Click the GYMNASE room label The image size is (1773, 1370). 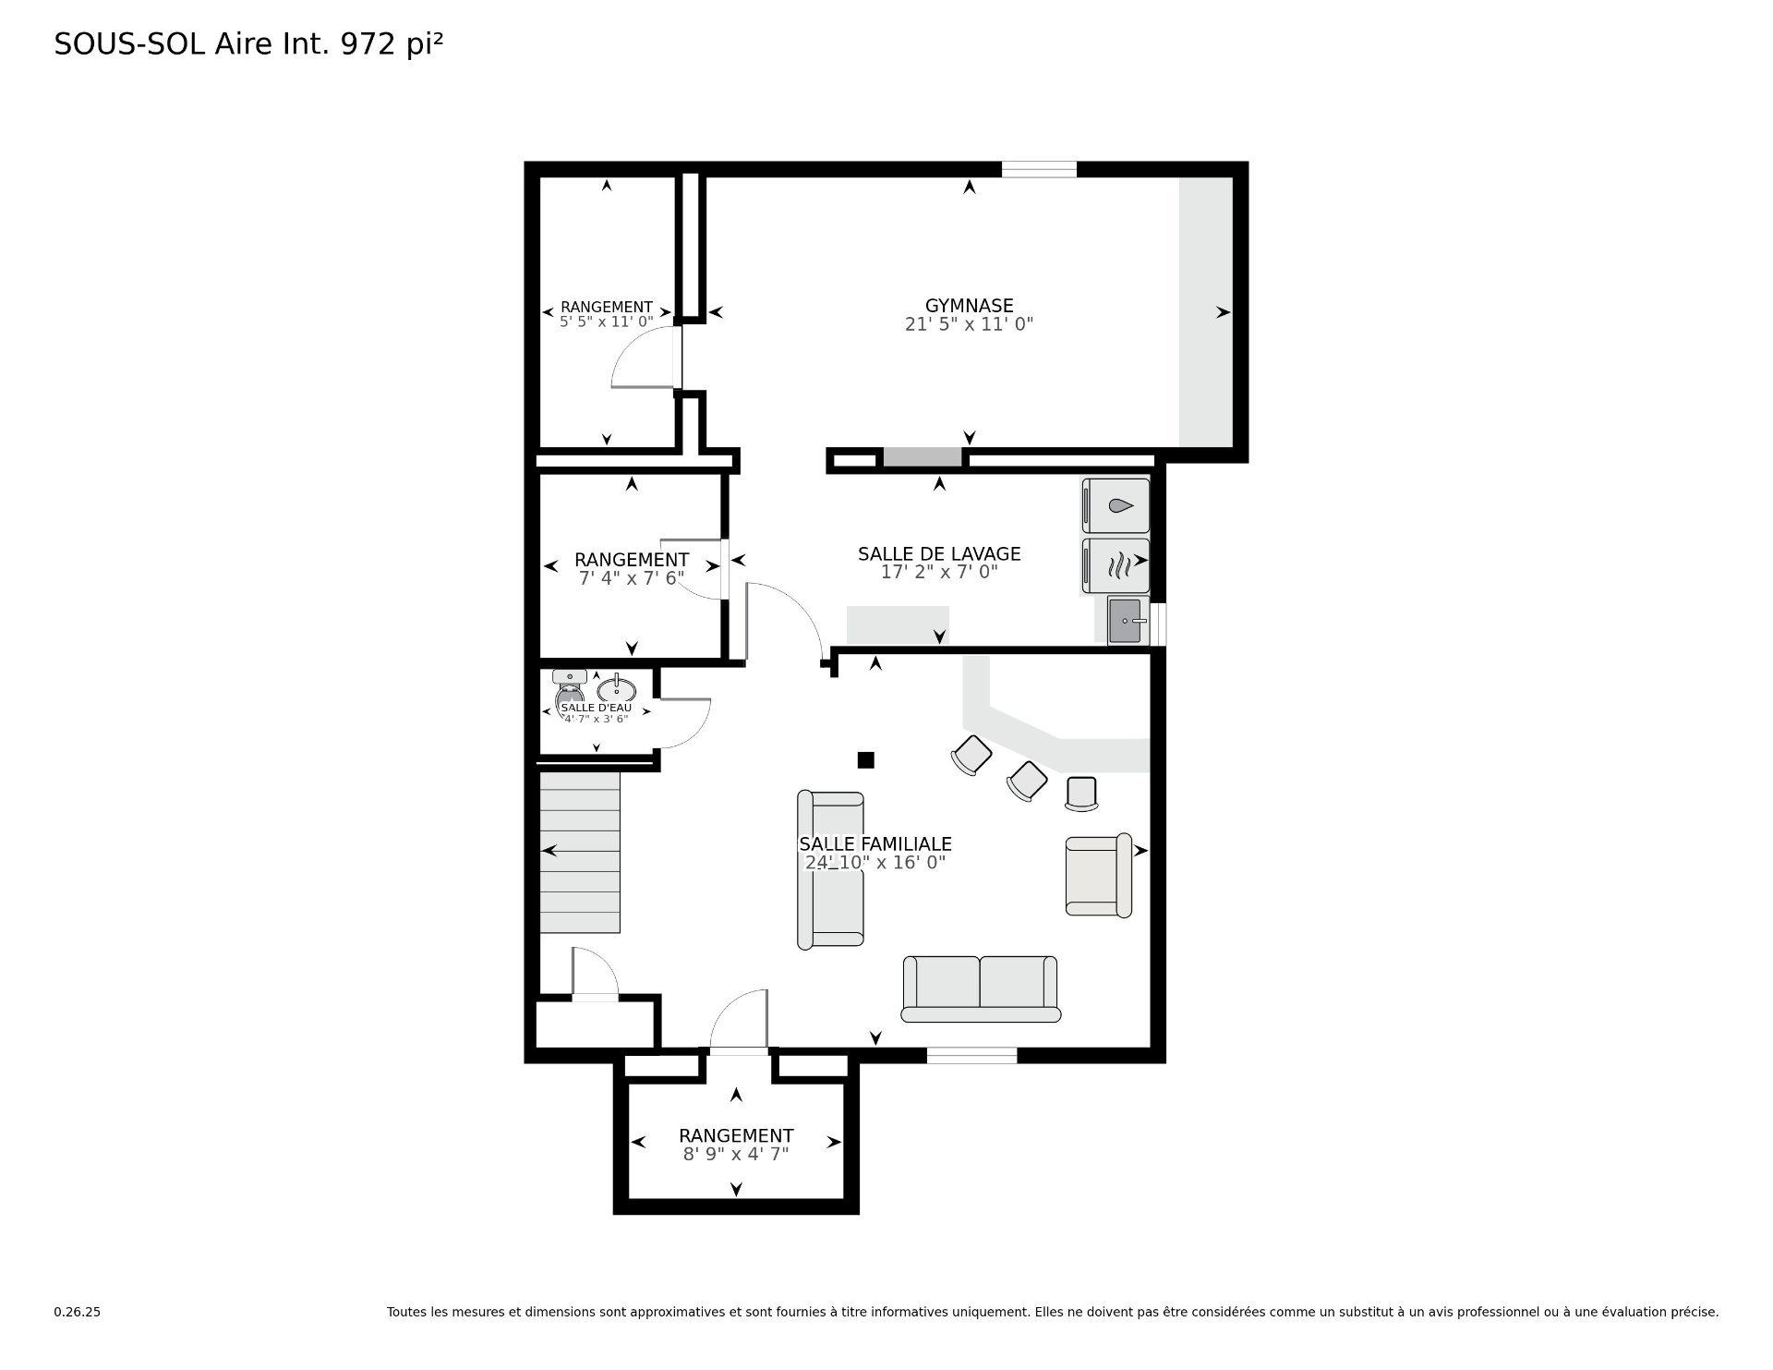(x=969, y=306)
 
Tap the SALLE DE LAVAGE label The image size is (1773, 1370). (x=939, y=554)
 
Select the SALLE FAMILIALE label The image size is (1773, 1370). (x=874, y=844)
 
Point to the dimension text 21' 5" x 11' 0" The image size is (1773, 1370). (x=969, y=324)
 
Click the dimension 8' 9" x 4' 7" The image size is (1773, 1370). (x=736, y=1154)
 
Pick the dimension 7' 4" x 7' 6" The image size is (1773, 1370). (x=632, y=578)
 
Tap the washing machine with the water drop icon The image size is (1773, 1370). (x=1116, y=506)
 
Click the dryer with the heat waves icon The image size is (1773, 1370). (x=1116, y=565)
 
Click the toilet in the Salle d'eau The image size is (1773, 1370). (x=569, y=688)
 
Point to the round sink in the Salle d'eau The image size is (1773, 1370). (x=616, y=690)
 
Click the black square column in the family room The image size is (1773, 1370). (x=865, y=760)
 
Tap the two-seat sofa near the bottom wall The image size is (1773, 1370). (x=981, y=989)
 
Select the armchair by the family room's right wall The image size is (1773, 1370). (x=1099, y=875)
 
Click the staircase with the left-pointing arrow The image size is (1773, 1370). (x=579, y=852)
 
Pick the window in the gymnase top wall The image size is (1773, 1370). (x=1039, y=169)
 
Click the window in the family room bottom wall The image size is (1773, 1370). (x=971, y=1055)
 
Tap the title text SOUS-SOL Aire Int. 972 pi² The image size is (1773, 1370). (x=248, y=44)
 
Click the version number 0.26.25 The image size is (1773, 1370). (x=77, y=1312)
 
